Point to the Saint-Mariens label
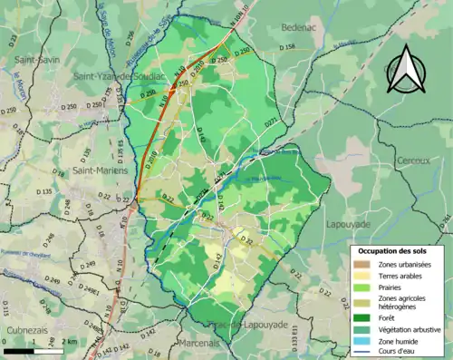tap(97, 170)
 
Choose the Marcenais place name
tap(198, 343)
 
